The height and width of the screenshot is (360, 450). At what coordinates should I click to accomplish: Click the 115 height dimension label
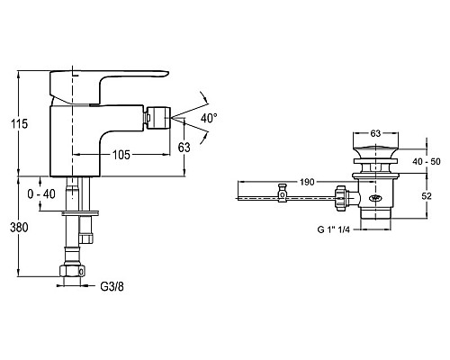(19, 123)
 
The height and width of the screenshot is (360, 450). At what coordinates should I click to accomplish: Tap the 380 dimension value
(19, 228)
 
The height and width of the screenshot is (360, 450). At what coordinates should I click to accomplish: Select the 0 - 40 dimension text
(41, 194)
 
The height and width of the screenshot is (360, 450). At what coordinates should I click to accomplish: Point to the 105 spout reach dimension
(121, 155)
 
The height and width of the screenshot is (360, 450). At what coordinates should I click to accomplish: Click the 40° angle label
(209, 118)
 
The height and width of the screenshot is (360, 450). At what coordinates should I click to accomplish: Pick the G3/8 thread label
(112, 287)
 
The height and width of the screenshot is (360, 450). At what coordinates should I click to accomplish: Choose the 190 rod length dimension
(307, 182)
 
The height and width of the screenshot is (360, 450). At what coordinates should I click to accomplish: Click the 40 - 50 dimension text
(427, 161)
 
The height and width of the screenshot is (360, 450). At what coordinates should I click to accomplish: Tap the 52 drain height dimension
(427, 196)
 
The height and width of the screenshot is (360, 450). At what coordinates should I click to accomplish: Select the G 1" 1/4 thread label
(334, 229)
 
